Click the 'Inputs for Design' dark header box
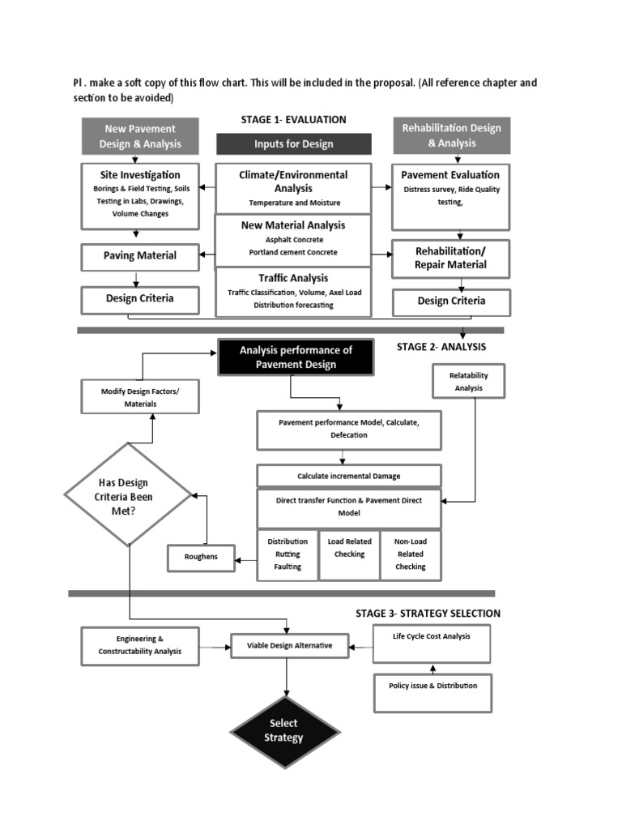294,144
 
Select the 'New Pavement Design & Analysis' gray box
140,136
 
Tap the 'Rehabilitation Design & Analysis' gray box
451,135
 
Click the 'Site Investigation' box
140,195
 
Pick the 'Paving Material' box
140,257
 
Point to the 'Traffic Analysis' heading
293,278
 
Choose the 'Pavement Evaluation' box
451,197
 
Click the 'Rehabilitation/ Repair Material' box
451,258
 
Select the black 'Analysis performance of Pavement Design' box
296,357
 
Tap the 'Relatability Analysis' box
469,381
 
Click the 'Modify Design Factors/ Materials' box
140,398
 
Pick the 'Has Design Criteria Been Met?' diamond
128,494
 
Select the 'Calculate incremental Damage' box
349,475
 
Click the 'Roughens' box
201,557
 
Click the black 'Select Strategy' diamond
284,730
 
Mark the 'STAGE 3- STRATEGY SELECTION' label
428,614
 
